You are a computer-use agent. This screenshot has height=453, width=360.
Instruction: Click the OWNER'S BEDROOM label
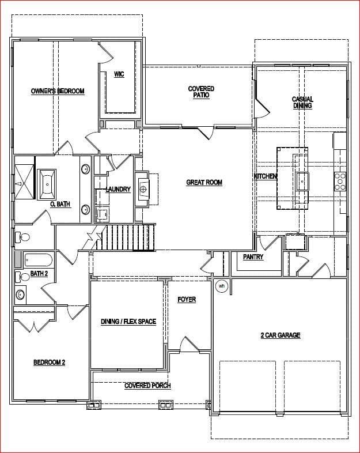click(x=58, y=91)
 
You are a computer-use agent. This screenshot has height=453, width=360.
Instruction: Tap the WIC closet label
click(x=119, y=74)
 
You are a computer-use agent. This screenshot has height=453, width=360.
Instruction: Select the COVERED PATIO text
click(x=201, y=92)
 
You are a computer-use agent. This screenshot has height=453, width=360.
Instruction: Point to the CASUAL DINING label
click(x=302, y=103)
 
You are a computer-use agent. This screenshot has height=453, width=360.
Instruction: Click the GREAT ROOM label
click(x=204, y=183)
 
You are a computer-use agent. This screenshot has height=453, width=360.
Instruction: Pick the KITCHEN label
click(x=266, y=176)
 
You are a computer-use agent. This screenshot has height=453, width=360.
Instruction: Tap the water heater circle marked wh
click(x=222, y=286)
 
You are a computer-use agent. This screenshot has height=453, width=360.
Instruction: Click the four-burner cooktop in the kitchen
click(x=340, y=182)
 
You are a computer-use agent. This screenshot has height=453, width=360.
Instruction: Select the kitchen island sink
click(x=302, y=181)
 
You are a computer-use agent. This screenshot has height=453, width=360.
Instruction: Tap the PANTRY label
click(x=253, y=257)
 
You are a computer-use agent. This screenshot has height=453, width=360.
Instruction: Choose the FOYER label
click(x=187, y=300)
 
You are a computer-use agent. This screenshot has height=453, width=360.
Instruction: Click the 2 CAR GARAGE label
click(x=281, y=335)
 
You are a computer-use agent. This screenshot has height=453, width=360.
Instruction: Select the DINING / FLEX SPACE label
click(x=128, y=322)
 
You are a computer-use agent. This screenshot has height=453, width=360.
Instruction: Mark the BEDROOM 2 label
click(x=50, y=363)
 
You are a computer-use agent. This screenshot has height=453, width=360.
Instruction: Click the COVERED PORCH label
click(x=147, y=386)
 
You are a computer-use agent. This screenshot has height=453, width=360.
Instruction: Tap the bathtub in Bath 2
click(x=39, y=260)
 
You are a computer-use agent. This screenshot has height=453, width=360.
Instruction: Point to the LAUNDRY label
click(x=118, y=190)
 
